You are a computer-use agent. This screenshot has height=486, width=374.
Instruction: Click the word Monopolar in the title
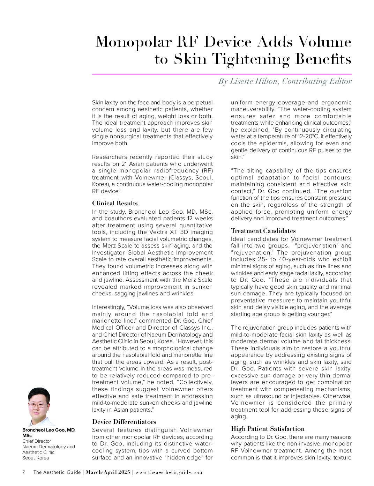click(134, 42)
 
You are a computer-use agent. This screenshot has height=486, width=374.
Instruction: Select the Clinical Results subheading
click(115, 203)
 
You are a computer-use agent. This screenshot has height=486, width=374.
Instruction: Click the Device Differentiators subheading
click(124, 421)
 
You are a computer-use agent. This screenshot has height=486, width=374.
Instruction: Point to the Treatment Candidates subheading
click(263, 231)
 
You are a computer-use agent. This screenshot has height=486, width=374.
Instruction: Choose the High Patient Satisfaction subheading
click(268, 429)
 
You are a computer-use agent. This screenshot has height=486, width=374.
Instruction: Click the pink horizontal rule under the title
click(222, 74)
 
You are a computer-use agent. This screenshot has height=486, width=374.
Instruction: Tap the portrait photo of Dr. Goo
click(39, 407)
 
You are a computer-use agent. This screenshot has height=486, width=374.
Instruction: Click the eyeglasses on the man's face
click(38, 405)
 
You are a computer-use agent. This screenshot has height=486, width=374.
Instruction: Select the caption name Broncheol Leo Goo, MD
click(49, 430)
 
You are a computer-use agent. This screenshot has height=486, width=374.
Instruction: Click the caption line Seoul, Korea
click(36, 458)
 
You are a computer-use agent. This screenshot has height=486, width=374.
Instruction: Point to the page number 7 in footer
click(24, 472)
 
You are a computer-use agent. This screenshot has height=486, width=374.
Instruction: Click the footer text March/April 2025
click(108, 472)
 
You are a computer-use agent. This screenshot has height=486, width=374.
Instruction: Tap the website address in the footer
click(169, 472)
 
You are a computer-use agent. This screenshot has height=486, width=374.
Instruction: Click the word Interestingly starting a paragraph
click(108, 307)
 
